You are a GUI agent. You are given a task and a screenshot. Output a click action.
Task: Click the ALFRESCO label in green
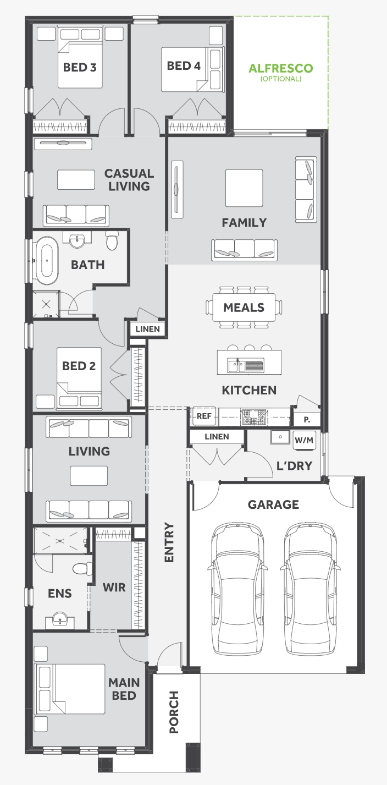pos(280,68)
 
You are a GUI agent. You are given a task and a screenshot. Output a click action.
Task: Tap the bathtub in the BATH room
pos(47,260)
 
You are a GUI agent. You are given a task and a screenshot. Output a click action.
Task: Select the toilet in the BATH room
pos(112,240)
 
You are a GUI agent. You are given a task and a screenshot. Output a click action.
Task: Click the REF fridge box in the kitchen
pos(204,416)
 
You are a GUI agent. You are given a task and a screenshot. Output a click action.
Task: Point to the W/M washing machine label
pos(303,440)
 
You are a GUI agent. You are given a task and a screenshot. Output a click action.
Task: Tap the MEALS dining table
pos(244,308)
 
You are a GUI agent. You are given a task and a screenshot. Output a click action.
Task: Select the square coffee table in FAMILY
pos(244,188)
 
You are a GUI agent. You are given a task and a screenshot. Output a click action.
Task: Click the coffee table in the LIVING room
pos(89,475)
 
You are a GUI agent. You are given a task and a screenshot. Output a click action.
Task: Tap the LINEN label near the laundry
pos(217,437)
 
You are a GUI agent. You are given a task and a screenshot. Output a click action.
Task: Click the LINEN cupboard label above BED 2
pos(147,329)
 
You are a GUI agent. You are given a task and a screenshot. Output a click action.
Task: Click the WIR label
pos(114,587)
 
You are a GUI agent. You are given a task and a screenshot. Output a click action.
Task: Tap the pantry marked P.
pos(307,420)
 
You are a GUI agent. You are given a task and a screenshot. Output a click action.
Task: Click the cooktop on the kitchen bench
pos(254,416)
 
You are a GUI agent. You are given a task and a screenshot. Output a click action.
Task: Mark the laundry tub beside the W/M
pos(280,437)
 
